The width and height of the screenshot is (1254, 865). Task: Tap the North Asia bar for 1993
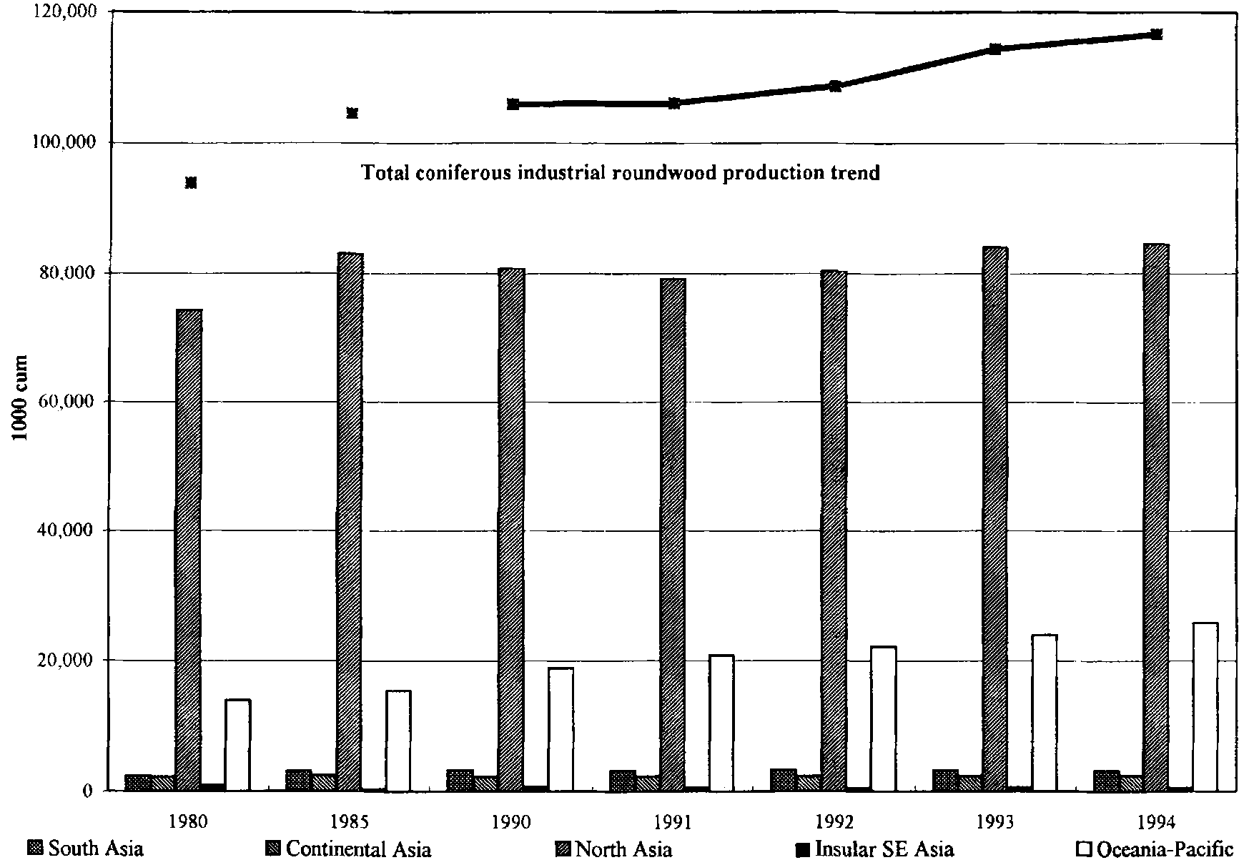tap(994, 518)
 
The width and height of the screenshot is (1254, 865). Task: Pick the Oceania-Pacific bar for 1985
tap(398, 740)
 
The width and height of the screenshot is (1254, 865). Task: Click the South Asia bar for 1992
tap(783, 780)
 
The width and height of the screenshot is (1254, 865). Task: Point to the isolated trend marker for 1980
tap(191, 183)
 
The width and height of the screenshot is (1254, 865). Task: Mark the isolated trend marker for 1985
tap(352, 113)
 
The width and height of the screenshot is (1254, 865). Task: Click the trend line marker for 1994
tap(1156, 34)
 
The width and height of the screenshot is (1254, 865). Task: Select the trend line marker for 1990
tap(513, 104)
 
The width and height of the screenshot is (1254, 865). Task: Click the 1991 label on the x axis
tap(673, 821)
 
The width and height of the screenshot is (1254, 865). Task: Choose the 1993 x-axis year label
tap(996, 821)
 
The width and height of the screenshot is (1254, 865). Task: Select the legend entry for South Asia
tap(86, 849)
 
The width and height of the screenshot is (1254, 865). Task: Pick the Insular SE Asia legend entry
tap(875, 849)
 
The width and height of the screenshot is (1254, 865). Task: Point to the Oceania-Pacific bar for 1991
tap(721, 722)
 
